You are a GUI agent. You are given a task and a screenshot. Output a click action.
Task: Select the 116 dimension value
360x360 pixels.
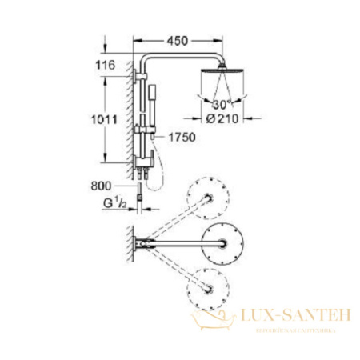click(x=103, y=64)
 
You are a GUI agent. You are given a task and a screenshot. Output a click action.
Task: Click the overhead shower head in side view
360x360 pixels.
click(x=218, y=78)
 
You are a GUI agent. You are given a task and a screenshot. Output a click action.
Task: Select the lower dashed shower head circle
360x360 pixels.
click(x=208, y=282)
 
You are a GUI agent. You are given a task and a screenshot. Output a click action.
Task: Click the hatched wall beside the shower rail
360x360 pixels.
click(x=129, y=120)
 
